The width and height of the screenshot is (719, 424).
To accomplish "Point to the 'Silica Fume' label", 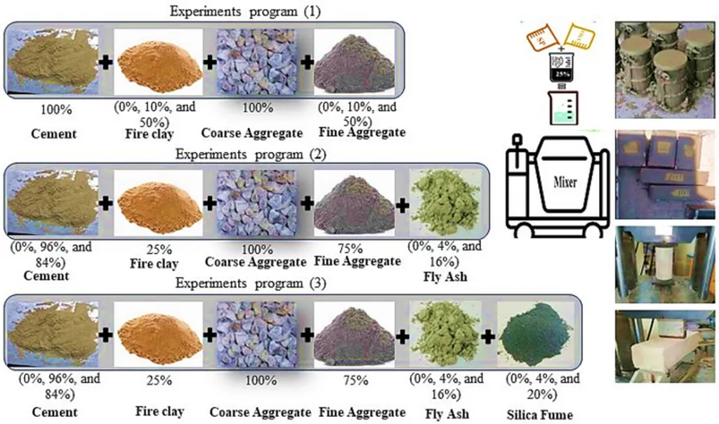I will click(x=539, y=415).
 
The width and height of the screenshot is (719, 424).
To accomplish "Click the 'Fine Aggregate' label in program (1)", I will click(x=352, y=131).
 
